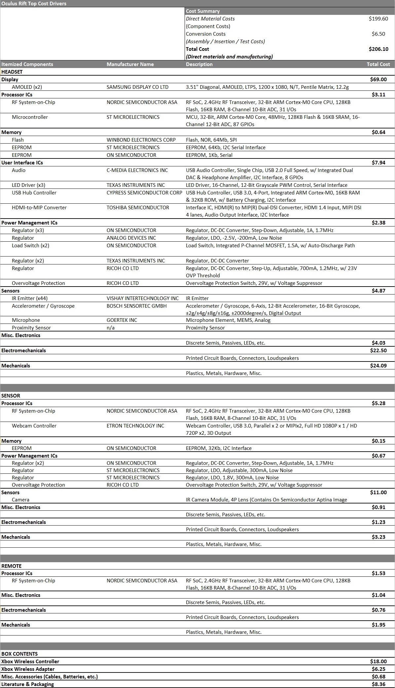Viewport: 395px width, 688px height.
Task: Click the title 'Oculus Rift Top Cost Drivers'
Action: click(x=34, y=4)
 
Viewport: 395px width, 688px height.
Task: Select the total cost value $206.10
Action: click(x=378, y=49)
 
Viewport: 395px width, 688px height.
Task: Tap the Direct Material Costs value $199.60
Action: click(x=378, y=19)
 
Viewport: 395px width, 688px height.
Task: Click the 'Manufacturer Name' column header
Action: click(x=130, y=64)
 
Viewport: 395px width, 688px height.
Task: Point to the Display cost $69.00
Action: click(x=378, y=80)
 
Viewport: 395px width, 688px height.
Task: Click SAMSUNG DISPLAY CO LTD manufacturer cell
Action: click(x=137, y=87)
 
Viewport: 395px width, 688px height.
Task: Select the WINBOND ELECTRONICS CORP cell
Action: click(x=141, y=140)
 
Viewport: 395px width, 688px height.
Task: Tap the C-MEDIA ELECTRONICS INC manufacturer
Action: click(x=137, y=170)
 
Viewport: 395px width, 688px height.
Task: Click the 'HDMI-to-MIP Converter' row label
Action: click(x=39, y=208)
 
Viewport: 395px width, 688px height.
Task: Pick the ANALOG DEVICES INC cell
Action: click(x=131, y=238)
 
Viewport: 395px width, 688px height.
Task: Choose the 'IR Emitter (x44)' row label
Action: click(x=30, y=298)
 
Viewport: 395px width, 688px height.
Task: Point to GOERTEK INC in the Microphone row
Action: click(x=122, y=320)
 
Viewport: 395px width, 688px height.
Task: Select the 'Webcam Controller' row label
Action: click(x=34, y=426)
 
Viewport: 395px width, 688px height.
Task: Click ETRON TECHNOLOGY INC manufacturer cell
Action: click(x=135, y=426)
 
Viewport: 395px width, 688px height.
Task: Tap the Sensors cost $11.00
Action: click(x=378, y=493)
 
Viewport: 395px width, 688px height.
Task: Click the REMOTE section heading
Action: click(x=11, y=566)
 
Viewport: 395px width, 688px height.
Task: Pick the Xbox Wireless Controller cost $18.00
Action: click(x=378, y=662)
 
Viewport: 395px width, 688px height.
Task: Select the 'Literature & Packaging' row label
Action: click(x=27, y=684)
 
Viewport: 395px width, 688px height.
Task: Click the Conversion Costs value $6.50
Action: click(x=378, y=34)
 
